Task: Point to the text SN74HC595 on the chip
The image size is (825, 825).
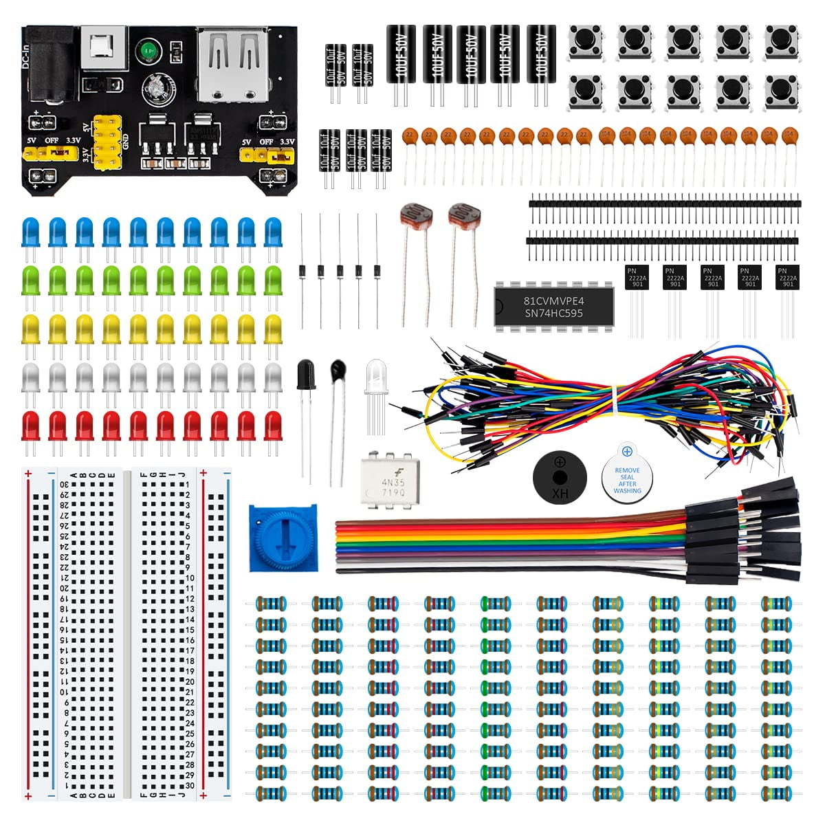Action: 553,313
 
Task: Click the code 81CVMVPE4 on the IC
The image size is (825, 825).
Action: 553,301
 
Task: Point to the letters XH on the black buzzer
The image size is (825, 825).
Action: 560,493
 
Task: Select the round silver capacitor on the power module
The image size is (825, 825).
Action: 156,88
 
